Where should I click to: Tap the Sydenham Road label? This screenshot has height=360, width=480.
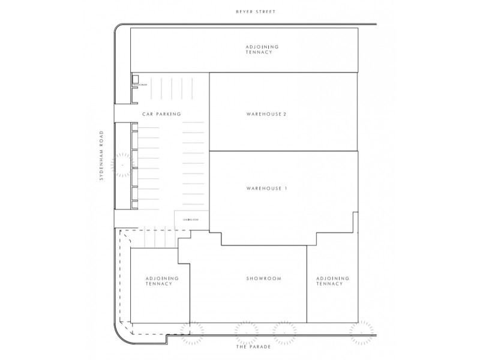(103, 155)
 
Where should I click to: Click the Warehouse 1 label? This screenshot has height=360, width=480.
(267, 189)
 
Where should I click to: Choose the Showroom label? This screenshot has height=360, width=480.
(264, 278)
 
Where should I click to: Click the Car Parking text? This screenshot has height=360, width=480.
(161, 113)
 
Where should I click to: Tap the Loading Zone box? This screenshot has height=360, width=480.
(191, 220)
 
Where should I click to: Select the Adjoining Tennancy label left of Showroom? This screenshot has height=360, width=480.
(159, 281)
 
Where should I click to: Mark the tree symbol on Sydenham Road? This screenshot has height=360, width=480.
(122, 163)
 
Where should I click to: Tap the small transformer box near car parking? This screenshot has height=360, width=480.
(136, 80)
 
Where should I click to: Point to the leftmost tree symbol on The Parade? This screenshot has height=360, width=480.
(195, 332)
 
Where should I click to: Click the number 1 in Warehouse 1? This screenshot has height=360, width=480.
(286, 189)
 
